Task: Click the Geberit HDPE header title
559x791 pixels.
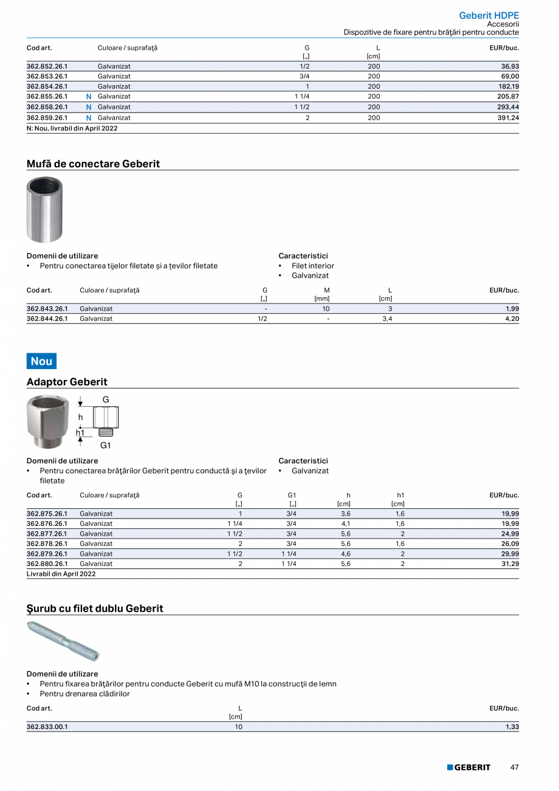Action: tap(489, 16)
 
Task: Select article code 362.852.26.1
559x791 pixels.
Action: tap(47, 66)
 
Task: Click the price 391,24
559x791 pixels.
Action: tap(506, 118)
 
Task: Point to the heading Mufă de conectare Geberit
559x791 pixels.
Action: tap(93, 164)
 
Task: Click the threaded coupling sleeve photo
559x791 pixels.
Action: tap(44, 210)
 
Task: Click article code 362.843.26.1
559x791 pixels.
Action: tap(47, 309)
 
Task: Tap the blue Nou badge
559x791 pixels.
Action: tap(41, 361)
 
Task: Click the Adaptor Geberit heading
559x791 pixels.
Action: tap(67, 382)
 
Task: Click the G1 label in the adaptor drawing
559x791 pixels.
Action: tap(106, 446)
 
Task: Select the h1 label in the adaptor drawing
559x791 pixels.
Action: tap(80, 432)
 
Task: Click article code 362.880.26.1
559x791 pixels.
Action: tap(47, 564)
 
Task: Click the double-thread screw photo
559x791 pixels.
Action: tap(63, 641)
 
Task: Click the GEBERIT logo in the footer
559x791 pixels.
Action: tap(468, 767)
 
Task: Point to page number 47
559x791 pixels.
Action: tap(515, 767)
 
